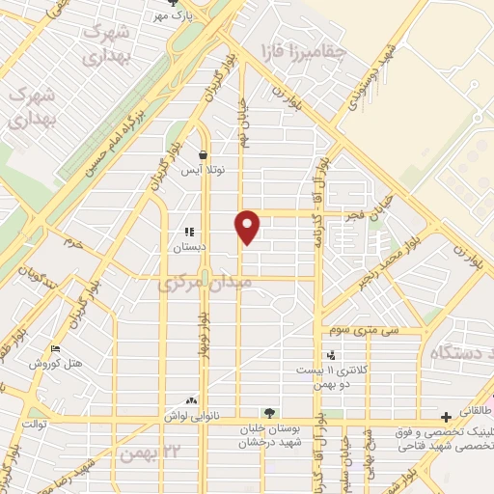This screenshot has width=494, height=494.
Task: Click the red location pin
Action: click(x=249, y=226)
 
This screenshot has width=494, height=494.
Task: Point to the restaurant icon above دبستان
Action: click(x=189, y=233)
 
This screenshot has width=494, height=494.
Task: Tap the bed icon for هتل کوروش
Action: click(x=55, y=349)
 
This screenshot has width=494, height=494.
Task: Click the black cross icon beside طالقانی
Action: click(x=445, y=417)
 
